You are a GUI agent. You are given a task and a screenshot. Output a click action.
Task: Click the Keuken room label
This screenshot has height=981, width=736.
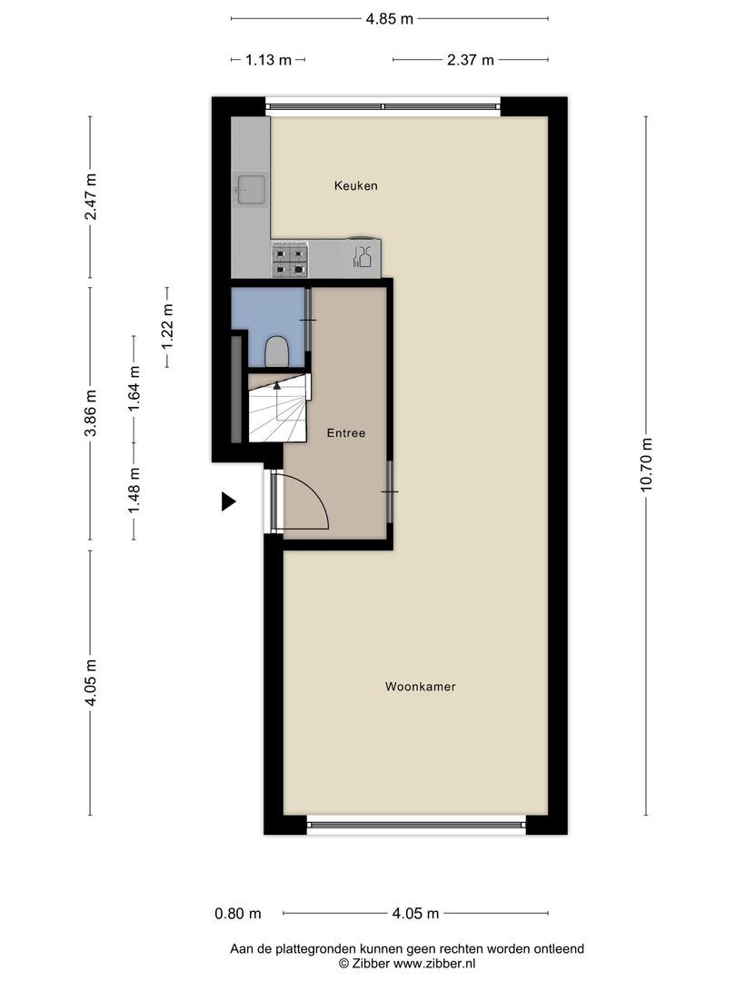[x=355, y=186]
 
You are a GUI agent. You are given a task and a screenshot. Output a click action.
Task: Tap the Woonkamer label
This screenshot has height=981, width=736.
[x=420, y=687]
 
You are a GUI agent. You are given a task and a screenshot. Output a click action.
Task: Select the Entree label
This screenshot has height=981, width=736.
[x=346, y=433]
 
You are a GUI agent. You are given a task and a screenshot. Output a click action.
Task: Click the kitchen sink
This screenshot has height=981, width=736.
[x=251, y=190]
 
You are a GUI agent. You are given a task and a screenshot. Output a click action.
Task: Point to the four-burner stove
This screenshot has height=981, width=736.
[x=290, y=260]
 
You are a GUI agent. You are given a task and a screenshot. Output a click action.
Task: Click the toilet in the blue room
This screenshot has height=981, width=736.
[x=276, y=352]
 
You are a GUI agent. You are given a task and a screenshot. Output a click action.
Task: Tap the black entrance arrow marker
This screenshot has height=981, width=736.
[x=228, y=501]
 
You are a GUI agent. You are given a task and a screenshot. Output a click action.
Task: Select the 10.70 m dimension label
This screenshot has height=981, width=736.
[x=647, y=465]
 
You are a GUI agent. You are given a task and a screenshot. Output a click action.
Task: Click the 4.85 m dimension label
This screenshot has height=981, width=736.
[x=389, y=19]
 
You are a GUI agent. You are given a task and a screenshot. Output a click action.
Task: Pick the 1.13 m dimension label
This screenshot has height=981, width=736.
[x=268, y=60]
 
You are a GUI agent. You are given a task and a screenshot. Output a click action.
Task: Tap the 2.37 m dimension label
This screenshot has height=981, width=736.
[x=470, y=60]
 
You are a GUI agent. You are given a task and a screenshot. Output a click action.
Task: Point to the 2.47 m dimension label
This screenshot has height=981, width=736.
[x=91, y=197]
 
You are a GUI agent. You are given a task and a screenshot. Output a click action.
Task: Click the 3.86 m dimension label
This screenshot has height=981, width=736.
[x=91, y=413]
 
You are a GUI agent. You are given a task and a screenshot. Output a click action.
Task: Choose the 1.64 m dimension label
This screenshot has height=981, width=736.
[x=134, y=389]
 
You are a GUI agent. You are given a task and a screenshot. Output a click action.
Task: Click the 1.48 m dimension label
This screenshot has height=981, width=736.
[x=134, y=491]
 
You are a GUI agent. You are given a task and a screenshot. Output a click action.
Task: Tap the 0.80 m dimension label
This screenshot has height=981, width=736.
[x=238, y=914]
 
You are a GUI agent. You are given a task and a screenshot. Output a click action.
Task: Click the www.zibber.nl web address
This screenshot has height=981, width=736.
[x=433, y=964]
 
